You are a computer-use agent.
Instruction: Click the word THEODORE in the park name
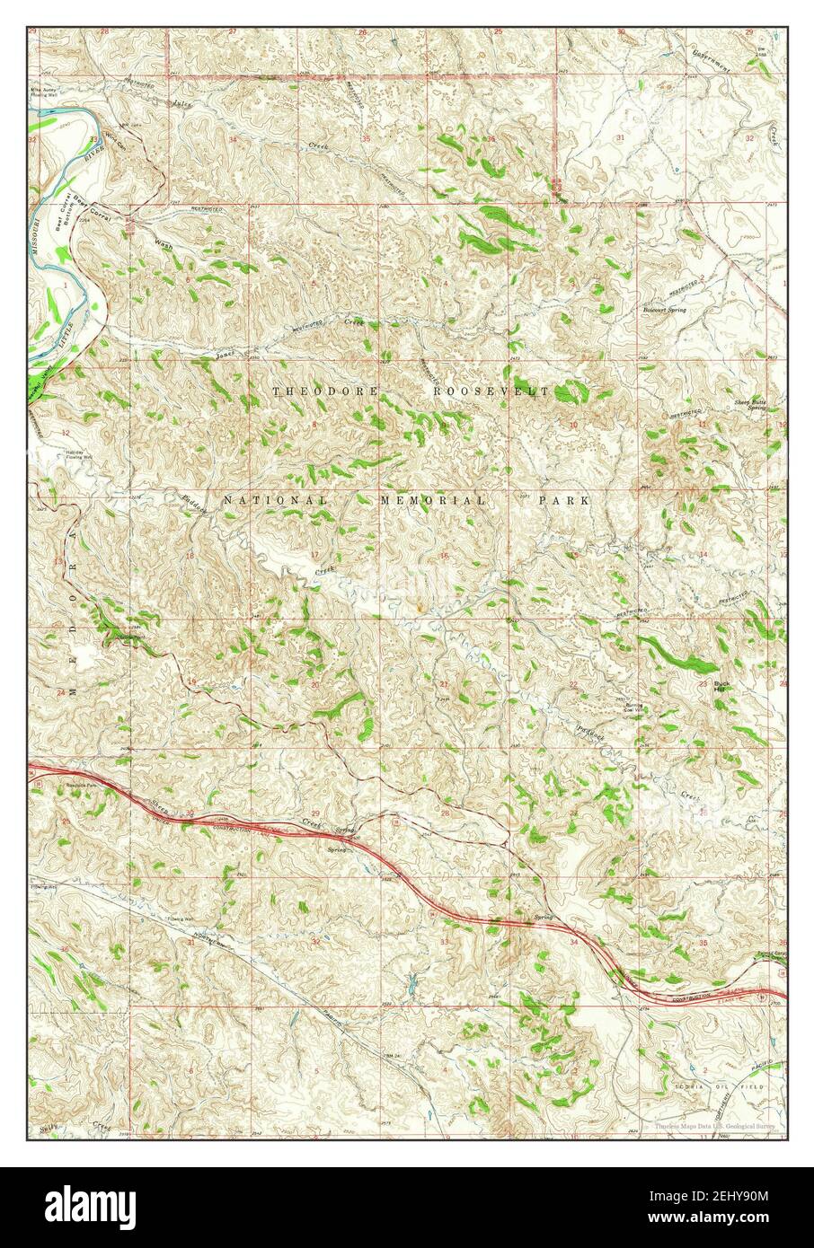pos(324,391)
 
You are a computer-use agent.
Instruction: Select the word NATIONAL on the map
pos(275,500)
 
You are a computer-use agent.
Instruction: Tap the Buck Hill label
pos(721,687)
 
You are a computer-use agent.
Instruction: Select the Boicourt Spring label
pos(664,310)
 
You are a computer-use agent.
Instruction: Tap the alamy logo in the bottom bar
pos(82,1202)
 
